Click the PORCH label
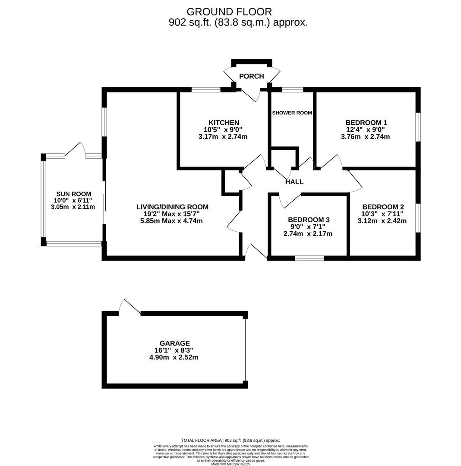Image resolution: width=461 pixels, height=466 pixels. coord(251,76)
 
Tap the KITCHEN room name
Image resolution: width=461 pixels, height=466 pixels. coord(224,123)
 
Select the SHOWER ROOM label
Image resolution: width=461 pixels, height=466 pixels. coord(292,113)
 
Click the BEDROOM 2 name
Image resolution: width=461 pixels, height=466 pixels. coord(383,207)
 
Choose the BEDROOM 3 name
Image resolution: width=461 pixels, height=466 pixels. coord(309,220)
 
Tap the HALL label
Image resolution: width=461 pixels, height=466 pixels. coord(294,182)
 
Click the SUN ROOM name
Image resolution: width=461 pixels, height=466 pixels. coord(74,194)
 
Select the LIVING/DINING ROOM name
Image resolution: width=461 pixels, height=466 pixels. coord(172,207)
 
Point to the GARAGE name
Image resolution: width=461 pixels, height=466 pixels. coord(174,343)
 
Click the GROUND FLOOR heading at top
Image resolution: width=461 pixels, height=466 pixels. coord(229,12)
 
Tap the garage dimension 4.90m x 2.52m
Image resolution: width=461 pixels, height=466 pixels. coord(174,357)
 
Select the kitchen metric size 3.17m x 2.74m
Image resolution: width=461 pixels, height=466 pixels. coord(223,137)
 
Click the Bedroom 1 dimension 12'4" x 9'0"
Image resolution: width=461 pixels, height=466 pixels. coord(365,129)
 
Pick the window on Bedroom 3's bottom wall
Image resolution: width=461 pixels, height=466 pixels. coord(309,258)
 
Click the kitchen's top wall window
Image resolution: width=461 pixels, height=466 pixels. coord(206,90)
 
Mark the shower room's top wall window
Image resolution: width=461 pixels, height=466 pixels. coord(292,90)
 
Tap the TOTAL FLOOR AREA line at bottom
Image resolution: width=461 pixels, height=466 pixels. coord(230,441)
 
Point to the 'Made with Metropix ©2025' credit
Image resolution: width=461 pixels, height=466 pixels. coord(230,464)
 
